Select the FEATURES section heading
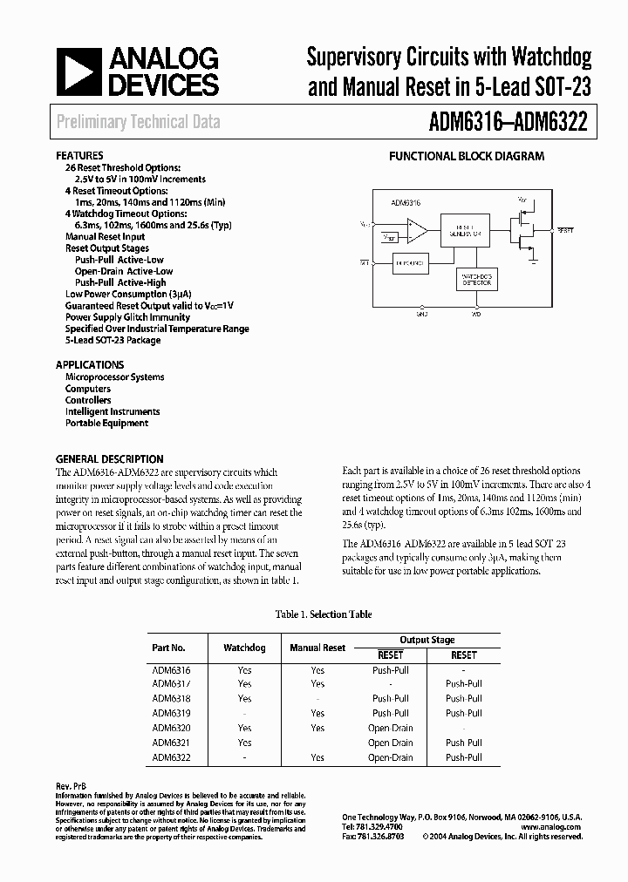(79, 155)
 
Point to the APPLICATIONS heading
(90, 364)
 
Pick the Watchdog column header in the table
(244, 648)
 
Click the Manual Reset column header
(317, 648)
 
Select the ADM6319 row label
(172, 713)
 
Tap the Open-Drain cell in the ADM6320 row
(390, 728)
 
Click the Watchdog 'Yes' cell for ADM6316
(244, 670)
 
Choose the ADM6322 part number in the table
(172, 757)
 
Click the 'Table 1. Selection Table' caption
(324, 614)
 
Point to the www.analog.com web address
(556, 827)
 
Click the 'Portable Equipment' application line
(106, 423)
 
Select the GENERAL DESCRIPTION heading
(109, 458)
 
